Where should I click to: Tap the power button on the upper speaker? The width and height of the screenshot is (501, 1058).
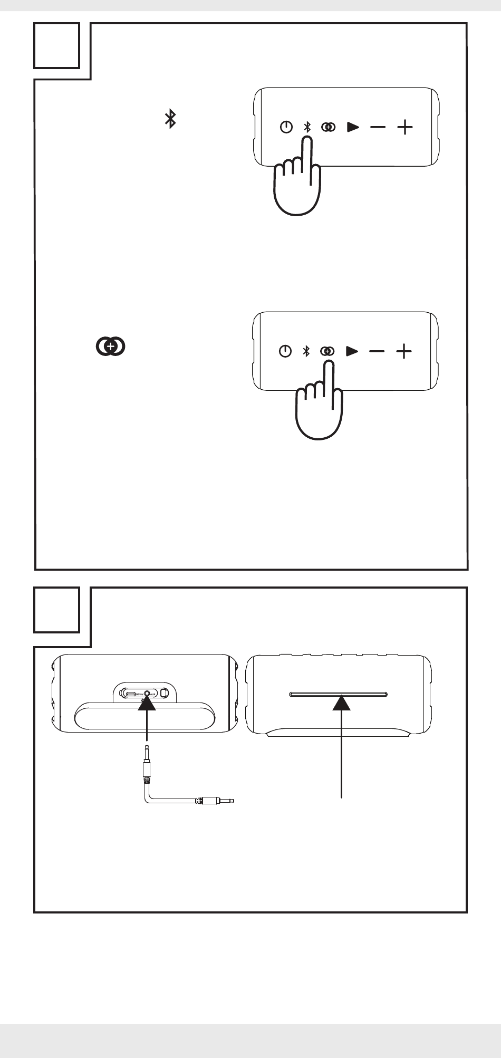click(x=286, y=127)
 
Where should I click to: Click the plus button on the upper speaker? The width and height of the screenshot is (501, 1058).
click(x=404, y=127)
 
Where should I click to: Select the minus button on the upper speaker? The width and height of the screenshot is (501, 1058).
click(x=378, y=127)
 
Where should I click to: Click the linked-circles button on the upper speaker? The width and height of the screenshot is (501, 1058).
click(x=329, y=127)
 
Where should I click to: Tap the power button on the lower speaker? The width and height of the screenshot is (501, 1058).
click(x=285, y=351)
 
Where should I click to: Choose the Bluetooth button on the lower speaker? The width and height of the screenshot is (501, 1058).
click(x=305, y=351)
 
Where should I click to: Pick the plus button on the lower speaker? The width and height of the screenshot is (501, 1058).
click(x=404, y=351)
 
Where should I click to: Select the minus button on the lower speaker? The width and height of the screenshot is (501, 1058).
click(x=377, y=351)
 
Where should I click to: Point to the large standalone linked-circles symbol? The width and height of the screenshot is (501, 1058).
click(x=110, y=346)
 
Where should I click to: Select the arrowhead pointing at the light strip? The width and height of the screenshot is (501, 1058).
click(x=342, y=703)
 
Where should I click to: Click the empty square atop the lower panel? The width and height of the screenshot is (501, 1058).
click(x=57, y=610)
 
